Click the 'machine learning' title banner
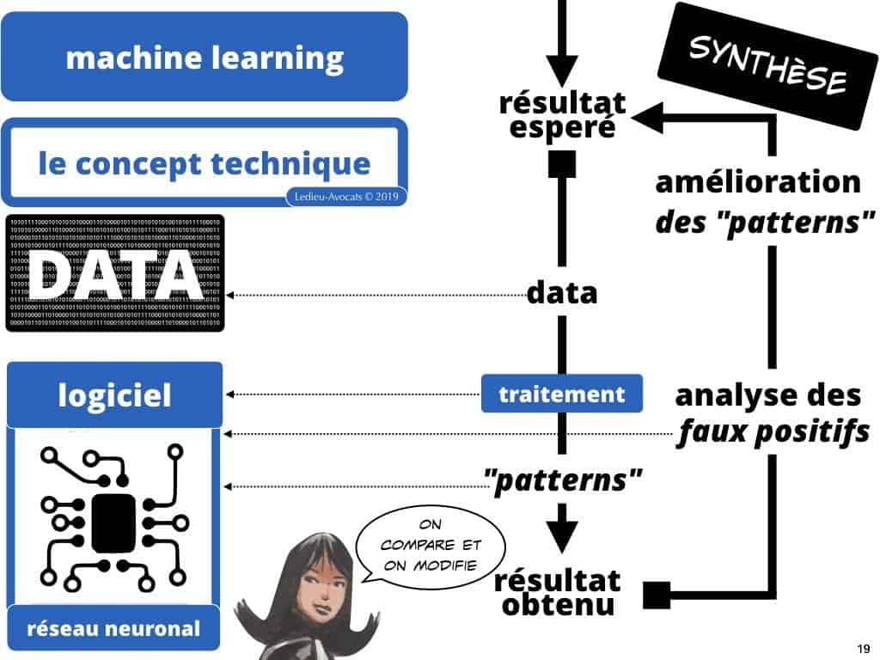[x=204, y=58]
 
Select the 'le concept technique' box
[x=204, y=162]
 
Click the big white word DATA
[x=114, y=274]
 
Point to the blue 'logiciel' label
[x=114, y=395]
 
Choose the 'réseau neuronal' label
[x=113, y=628]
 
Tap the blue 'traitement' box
[x=562, y=394]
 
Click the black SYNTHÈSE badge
[x=767, y=65]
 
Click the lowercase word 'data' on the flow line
[x=561, y=294]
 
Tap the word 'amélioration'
[x=757, y=182]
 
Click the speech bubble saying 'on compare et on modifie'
[x=431, y=547]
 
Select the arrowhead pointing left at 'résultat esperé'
[x=647, y=115]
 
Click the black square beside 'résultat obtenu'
[x=657, y=594]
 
